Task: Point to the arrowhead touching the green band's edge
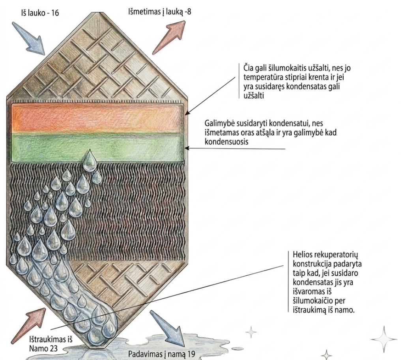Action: [187, 148]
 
